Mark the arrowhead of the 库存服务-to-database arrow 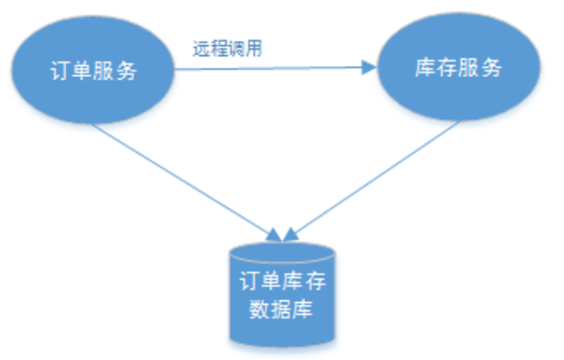pos(291,233)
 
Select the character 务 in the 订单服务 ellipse pos(128,72)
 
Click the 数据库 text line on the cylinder pos(282,309)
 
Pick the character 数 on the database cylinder pos(258,309)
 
